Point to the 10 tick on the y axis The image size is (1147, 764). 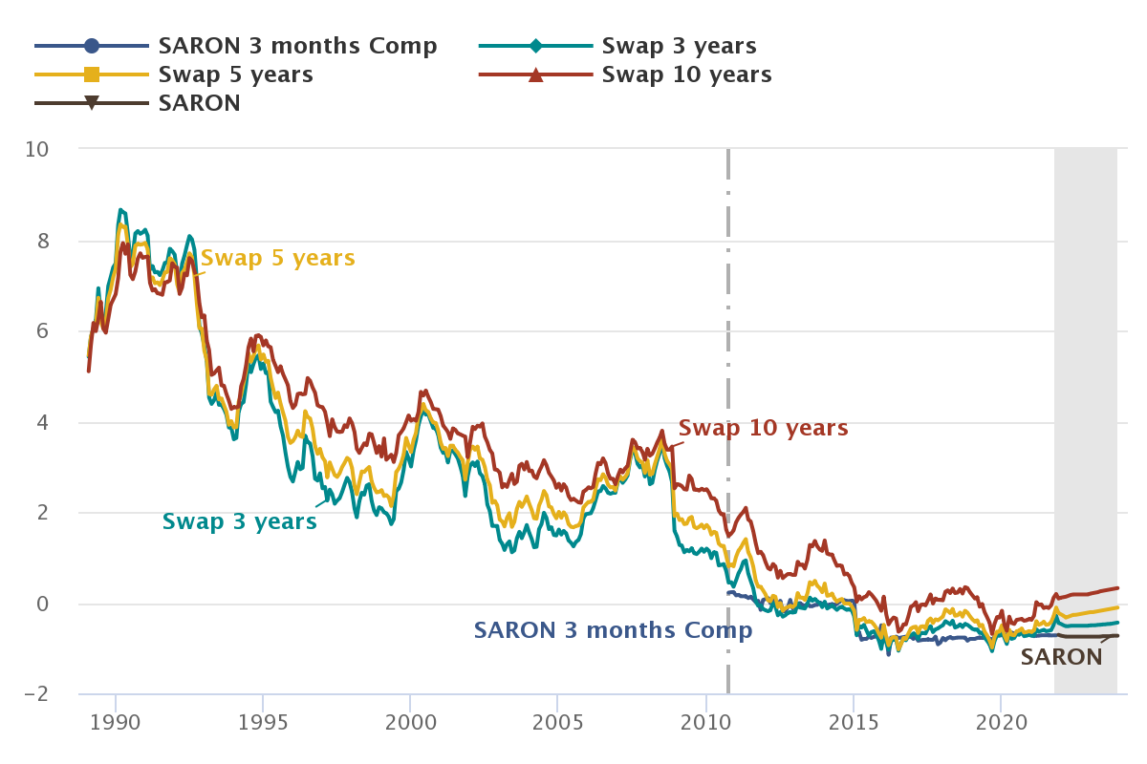click(x=37, y=149)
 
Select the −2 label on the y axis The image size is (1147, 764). click(x=36, y=694)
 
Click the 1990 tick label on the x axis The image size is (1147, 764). click(x=116, y=720)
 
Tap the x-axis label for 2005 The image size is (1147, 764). click(x=558, y=720)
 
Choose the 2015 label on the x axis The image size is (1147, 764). click(x=854, y=720)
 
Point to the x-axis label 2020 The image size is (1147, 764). click(x=1001, y=720)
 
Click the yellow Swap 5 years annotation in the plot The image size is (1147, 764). click(x=277, y=258)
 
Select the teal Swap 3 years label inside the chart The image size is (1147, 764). click(x=239, y=521)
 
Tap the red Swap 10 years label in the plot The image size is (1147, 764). click(x=763, y=428)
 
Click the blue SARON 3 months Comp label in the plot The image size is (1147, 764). click(x=613, y=630)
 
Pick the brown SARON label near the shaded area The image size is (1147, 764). click(x=1061, y=657)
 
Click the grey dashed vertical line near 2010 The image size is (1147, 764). click(x=728, y=382)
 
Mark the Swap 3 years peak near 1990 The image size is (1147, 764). click(x=120, y=209)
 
